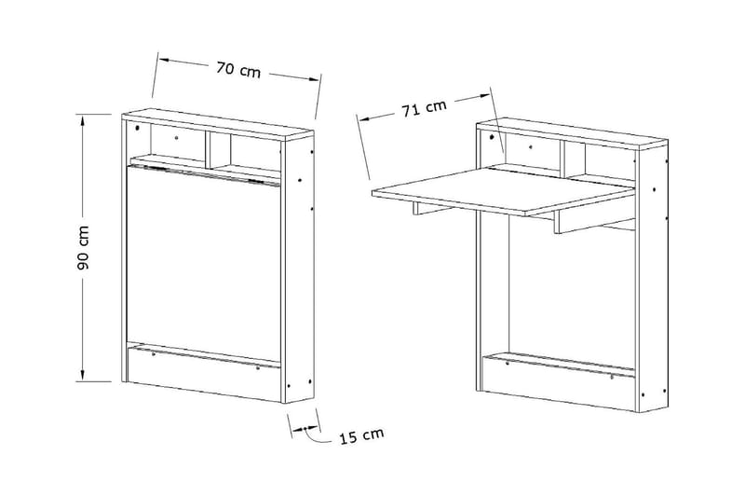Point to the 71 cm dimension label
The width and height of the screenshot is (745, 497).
[x=424, y=108]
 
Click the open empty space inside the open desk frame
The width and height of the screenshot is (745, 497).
[x=559, y=289]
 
